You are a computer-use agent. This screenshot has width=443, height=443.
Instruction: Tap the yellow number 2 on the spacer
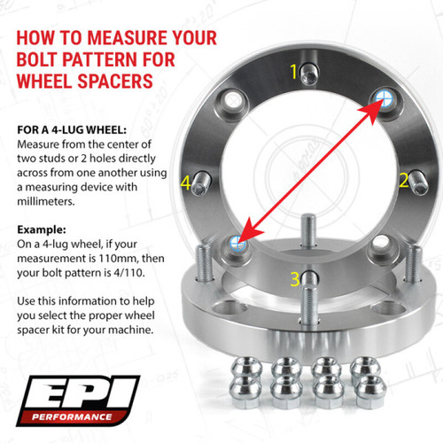pos(403,180)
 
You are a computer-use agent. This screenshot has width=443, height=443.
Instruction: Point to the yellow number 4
pos(185,183)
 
